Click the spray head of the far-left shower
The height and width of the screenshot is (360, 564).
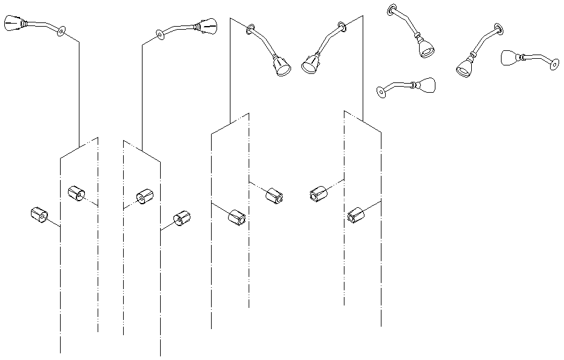(x=13, y=24)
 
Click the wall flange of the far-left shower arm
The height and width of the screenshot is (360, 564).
(x=61, y=31)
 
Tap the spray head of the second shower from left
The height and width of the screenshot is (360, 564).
(x=207, y=26)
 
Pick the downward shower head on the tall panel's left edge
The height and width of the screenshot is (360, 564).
(x=281, y=65)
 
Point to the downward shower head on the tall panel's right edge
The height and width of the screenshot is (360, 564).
(x=311, y=64)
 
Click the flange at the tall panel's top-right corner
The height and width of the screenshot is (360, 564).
(x=342, y=25)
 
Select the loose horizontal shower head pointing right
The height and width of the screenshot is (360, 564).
(x=426, y=86)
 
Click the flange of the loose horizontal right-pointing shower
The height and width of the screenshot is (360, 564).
(x=381, y=92)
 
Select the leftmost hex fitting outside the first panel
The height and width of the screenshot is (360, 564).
(x=39, y=215)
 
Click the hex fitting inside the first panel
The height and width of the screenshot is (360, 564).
(x=76, y=194)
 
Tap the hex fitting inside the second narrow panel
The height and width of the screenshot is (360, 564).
(x=145, y=196)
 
